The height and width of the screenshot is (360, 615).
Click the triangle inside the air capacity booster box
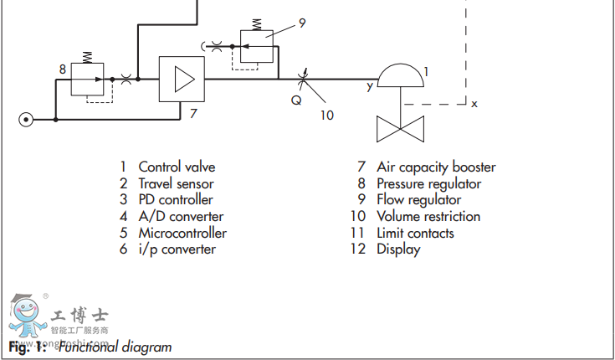(x=182, y=80)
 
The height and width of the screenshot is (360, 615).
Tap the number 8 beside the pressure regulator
(x=63, y=69)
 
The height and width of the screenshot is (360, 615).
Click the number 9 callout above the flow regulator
(x=302, y=23)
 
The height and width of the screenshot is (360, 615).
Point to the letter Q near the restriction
(x=296, y=100)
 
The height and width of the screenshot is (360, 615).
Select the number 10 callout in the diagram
(x=326, y=115)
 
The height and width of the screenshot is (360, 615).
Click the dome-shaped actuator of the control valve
(x=402, y=78)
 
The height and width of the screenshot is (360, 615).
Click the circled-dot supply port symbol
(x=26, y=120)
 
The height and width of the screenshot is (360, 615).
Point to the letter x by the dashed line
(x=474, y=104)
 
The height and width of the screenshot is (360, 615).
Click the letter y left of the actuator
(x=369, y=85)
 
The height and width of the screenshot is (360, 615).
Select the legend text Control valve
(x=177, y=167)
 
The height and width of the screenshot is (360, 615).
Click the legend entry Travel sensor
(x=176, y=183)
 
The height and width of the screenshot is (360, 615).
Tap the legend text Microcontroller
(x=182, y=233)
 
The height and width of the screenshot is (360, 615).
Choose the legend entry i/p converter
(x=177, y=249)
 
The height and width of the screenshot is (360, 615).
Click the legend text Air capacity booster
(x=436, y=167)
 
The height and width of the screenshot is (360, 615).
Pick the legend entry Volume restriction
(x=428, y=216)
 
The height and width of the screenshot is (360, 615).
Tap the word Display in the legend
(x=398, y=249)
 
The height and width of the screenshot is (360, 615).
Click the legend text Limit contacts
(x=415, y=233)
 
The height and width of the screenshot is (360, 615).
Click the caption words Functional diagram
(x=115, y=347)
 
